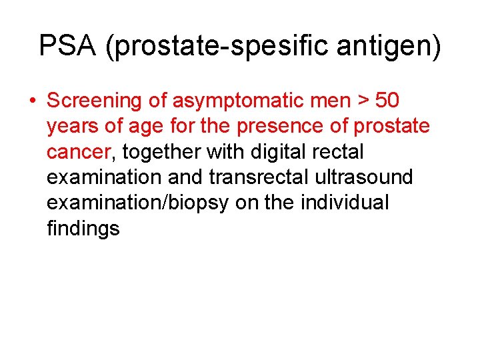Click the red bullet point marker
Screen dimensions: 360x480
point(32,101)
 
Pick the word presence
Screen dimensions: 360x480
point(281,127)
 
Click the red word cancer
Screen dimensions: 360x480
point(78,152)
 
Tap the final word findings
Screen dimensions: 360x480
point(83,229)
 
